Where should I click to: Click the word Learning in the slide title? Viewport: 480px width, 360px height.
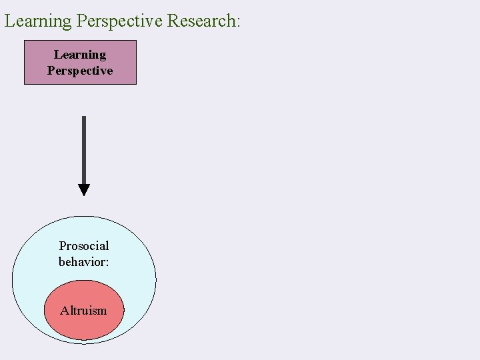tap(38, 21)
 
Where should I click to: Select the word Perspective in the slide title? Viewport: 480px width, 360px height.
tap(119, 21)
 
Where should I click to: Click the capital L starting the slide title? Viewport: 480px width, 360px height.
tap(9, 21)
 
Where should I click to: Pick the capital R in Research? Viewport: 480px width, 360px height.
tap(173, 21)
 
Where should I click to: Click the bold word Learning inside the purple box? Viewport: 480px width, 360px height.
tap(80, 55)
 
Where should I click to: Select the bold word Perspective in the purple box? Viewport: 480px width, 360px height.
tap(80, 70)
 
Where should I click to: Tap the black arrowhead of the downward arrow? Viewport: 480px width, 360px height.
tap(83, 189)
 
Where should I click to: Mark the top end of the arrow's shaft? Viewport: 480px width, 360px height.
tap(83, 118)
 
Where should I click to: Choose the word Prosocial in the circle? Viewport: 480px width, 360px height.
tap(84, 246)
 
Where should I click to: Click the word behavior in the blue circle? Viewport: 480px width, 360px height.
tap(81, 262)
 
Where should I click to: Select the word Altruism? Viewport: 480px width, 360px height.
tap(83, 310)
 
